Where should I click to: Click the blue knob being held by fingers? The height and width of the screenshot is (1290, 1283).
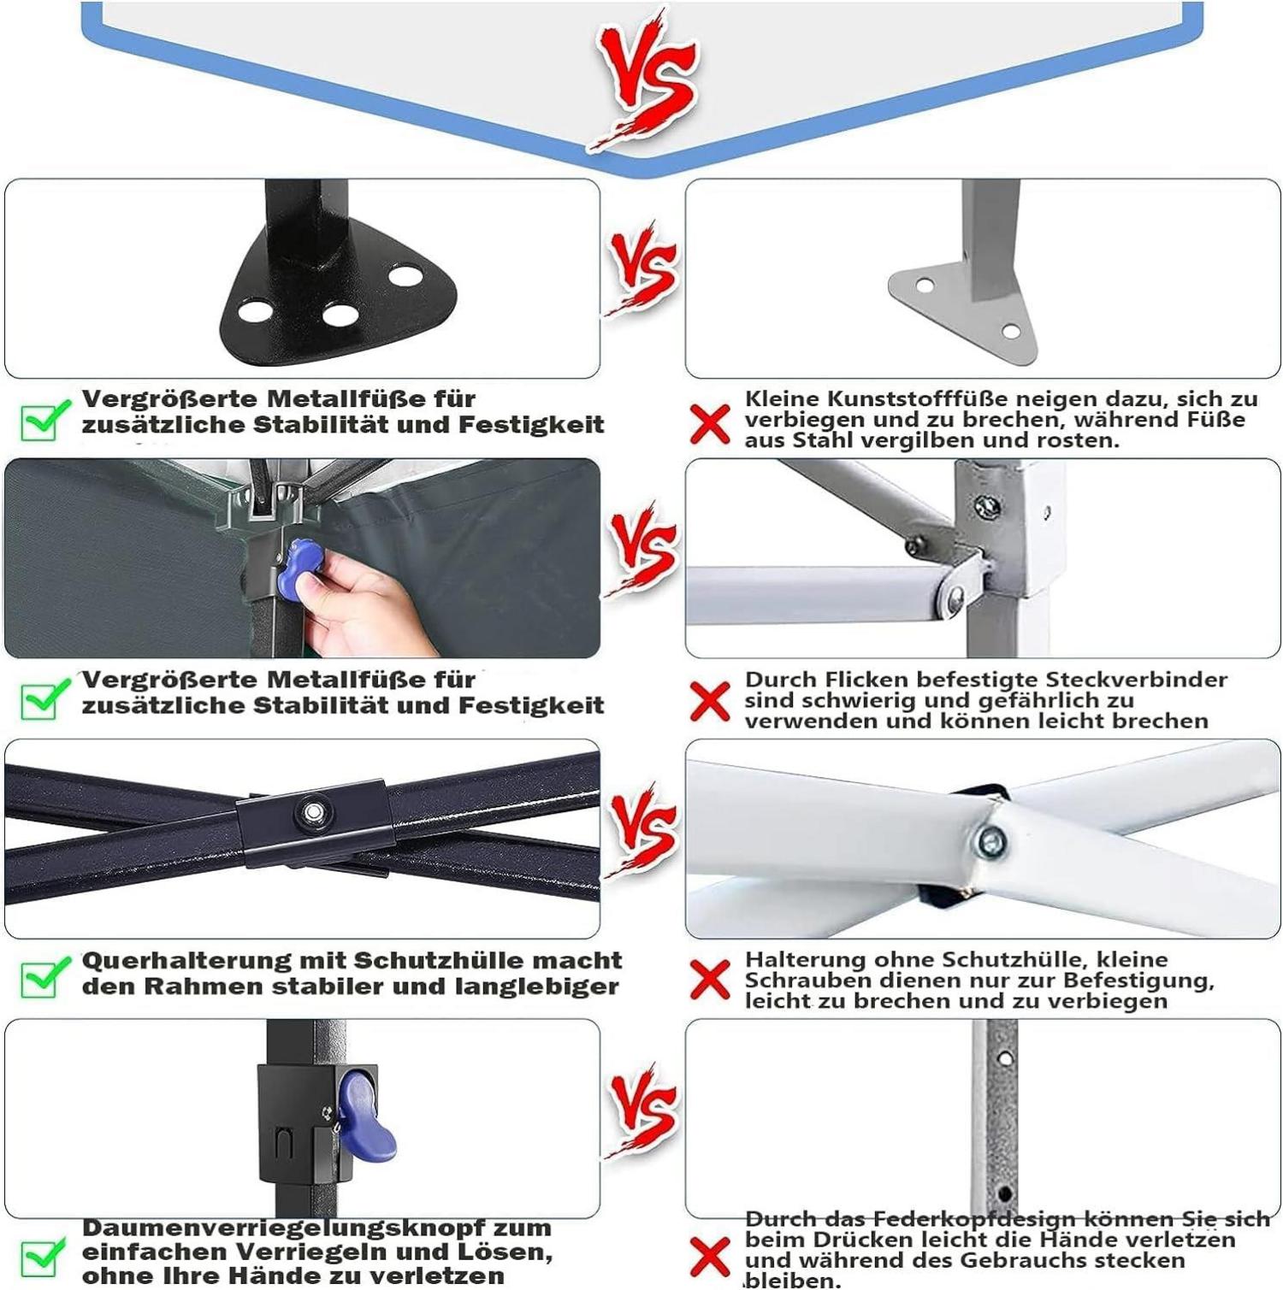click(x=299, y=568)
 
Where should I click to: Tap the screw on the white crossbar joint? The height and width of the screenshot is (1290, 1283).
click(x=990, y=841)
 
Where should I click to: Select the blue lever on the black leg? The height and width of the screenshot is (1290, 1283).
click(x=363, y=1116)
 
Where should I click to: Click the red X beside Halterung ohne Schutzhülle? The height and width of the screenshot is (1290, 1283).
click(x=710, y=980)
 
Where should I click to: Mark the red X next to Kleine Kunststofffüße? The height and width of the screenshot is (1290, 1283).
click(x=710, y=424)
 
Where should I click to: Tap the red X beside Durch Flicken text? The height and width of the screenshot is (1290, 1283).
click(x=710, y=702)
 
